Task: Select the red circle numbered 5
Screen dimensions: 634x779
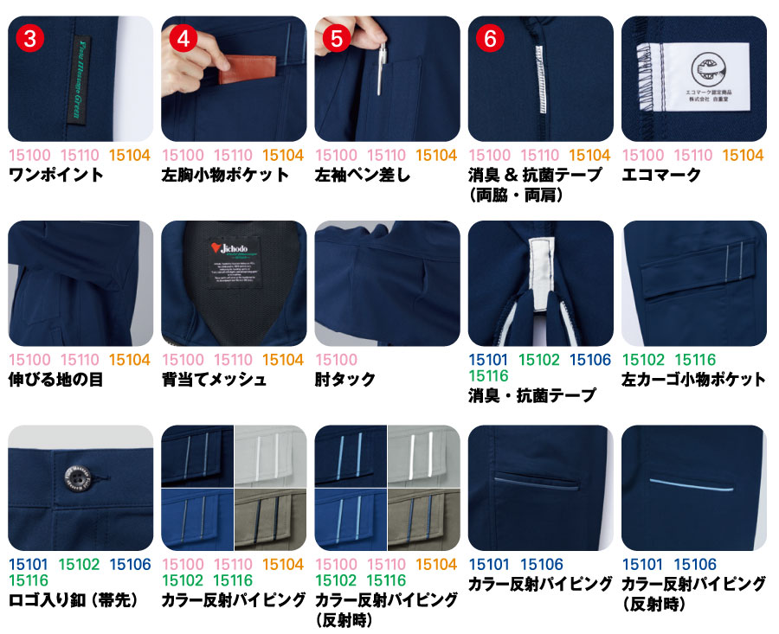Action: pos(337,38)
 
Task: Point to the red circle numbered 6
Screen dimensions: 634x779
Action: pos(490,38)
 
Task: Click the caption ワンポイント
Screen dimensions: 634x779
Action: pos(55,175)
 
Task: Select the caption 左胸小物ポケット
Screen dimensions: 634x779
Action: pos(225,175)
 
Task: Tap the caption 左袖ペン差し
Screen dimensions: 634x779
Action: pos(363,175)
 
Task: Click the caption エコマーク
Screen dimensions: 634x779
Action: pos(661,175)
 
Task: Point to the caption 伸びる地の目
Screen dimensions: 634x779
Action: pos(55,379)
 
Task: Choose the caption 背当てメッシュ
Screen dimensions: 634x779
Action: pos(214,379)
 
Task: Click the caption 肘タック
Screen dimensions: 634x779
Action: pos(345,379)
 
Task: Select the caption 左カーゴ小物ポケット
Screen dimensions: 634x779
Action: pos(693,379)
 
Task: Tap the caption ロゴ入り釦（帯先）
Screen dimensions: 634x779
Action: pos(73,599)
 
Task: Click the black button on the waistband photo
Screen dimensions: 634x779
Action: pos(71,476)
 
